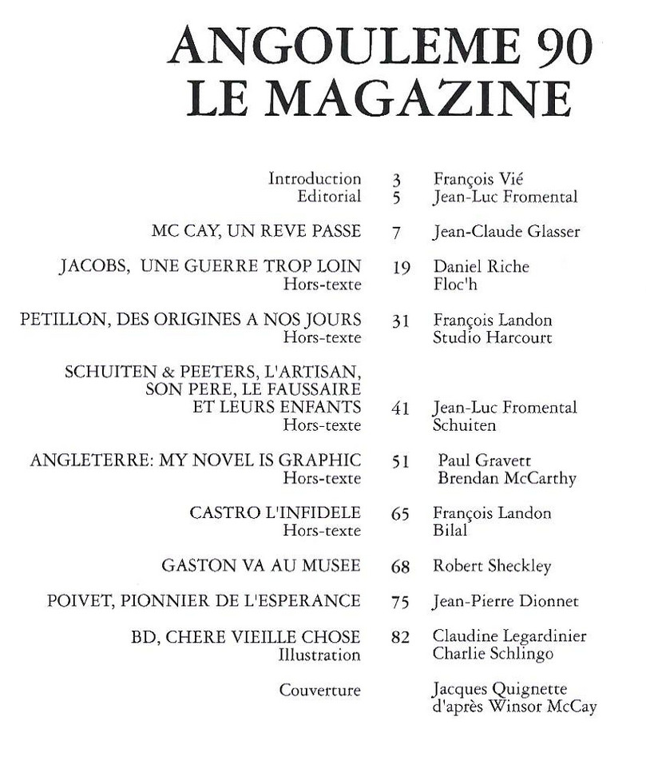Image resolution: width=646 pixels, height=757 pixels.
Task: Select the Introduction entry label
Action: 315,179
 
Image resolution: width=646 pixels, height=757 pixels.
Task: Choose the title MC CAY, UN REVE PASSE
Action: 256,232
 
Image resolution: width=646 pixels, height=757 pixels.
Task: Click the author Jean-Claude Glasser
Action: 505,232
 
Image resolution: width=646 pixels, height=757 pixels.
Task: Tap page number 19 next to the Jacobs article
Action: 402,268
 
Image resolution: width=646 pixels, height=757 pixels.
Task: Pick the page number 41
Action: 401,408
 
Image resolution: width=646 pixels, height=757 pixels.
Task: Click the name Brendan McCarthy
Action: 507,479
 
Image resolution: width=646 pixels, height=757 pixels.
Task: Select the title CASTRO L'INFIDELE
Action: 275,513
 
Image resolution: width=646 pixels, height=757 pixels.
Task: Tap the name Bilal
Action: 450,531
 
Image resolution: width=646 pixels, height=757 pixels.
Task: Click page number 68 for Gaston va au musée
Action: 401,567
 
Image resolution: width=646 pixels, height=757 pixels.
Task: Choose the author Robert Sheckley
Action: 492,566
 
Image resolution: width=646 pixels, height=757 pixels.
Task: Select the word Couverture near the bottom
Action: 320,690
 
